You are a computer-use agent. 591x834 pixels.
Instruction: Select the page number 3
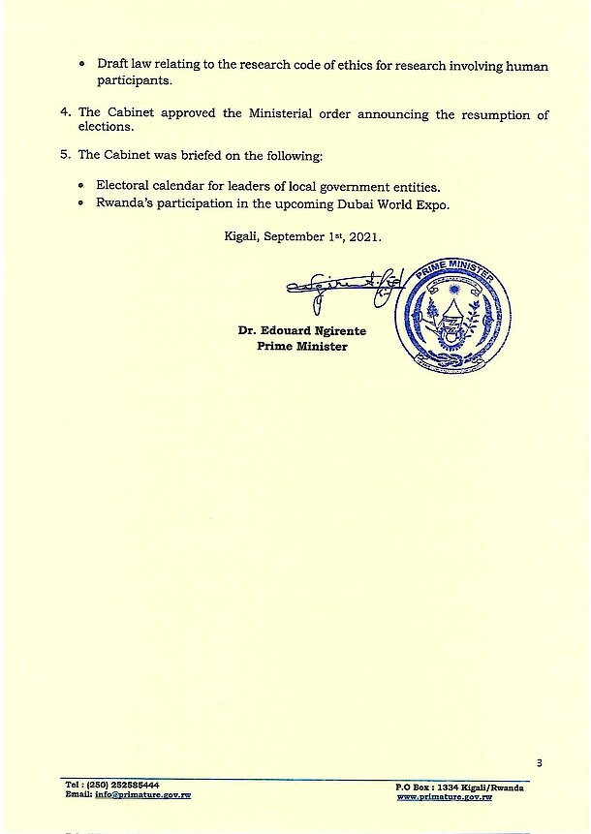539,762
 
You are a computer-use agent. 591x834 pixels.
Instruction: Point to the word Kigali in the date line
242,235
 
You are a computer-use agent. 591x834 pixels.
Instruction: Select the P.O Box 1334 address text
460,787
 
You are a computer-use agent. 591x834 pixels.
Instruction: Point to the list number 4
65,113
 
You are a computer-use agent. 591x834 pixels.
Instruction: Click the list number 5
65,154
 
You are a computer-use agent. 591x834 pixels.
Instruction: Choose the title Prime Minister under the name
301,347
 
